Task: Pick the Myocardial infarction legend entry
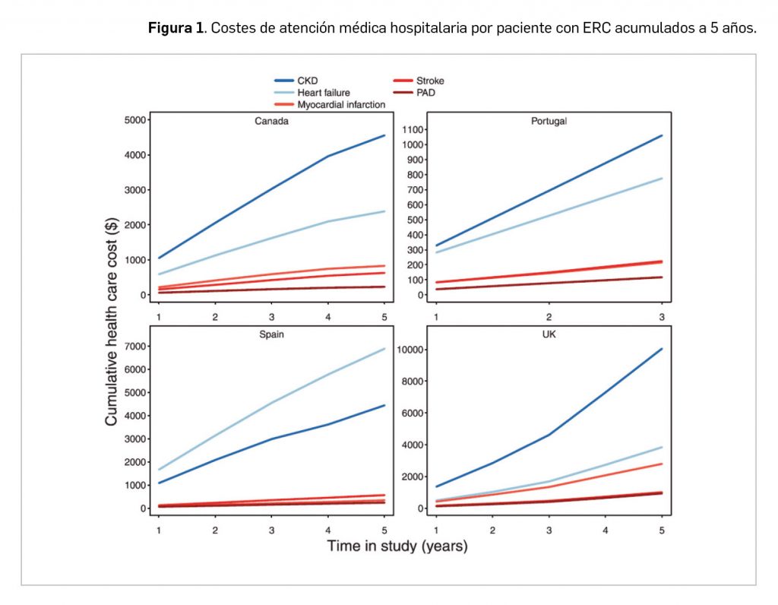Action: click(x=341, y=105)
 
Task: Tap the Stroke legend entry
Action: click(x=430, y=81)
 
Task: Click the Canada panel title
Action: click(x=270, y=121)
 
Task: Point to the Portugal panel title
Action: click(x=549, y=121)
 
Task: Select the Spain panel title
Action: click(x=270, y=335)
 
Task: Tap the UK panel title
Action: click(x=549, y=335)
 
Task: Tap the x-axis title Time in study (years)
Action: click(x=397, y=546)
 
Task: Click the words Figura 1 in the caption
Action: click(x=176, y=28)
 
